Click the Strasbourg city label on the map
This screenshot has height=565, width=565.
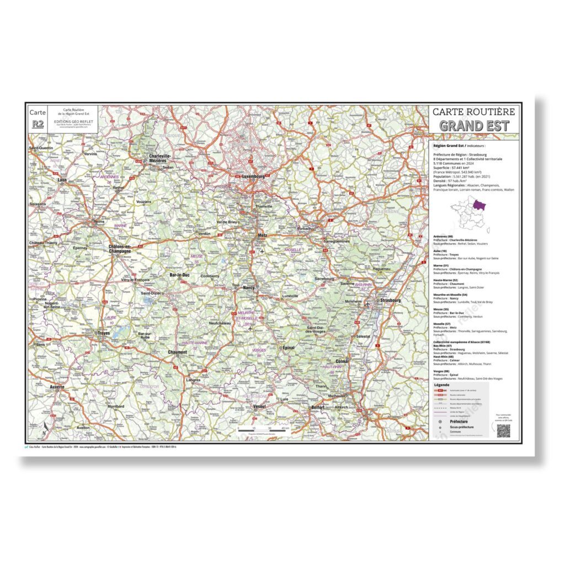[x=390, y=301]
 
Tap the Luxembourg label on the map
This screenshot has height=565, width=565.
[x=255, y=176]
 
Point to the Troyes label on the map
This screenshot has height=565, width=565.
[x=103, y=333]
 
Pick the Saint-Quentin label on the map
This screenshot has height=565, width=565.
[x=41, y=148]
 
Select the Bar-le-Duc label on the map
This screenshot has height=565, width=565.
[x=180, y=275]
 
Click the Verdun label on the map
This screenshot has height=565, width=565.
[x=205, y=233]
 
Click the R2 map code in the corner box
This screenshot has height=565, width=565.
[x=38, y=124]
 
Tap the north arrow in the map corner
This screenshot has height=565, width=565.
[x=45, y=428]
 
